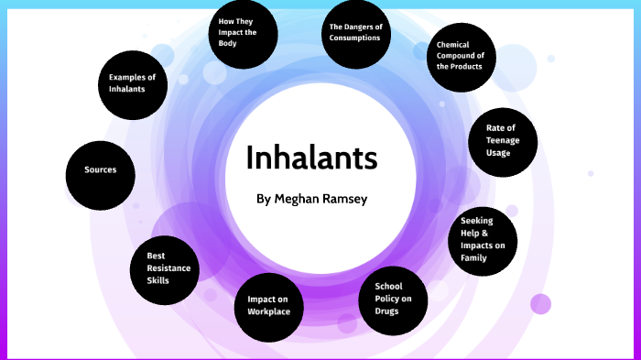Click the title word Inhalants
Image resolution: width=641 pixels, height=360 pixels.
[x=311, y=158]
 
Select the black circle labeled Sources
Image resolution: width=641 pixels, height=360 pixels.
[x=101, y=170]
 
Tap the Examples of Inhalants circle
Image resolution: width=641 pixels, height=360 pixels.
[x=133, y=83]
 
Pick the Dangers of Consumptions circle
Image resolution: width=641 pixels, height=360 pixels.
[x=356, y=33]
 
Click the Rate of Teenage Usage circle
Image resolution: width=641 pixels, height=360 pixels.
[x=501, y=140]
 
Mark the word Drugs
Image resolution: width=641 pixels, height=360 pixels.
[x=386, y=311]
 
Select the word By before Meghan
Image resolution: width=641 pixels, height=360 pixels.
[x=264, y=197]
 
